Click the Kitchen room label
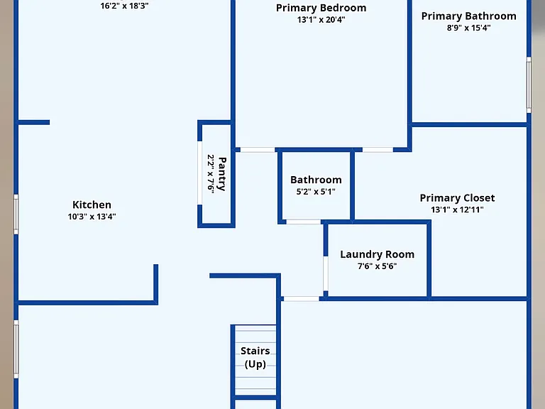pos(92,204)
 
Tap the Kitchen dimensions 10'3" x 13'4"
pos(92,217)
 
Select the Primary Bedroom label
pos(321,8)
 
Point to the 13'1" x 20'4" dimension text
pos(321,20)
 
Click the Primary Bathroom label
pos(469,16)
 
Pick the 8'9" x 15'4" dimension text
pos(469,28)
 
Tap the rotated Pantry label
pos(222,174)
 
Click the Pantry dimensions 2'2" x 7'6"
pos(211,173)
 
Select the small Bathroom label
pos(316,180)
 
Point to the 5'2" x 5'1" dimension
pos(316,192)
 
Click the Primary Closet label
pos(458,198)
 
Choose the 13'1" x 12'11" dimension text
pos(458,209)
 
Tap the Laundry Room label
pos(377,254)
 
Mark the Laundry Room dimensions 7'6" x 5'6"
pos(377,266)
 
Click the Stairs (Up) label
pos(255,357)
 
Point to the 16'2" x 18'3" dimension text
pos(124,6)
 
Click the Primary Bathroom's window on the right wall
pos(529,85)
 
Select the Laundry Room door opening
pos(326,273)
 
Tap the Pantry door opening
pos(200,173)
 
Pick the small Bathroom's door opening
pos(304,222)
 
